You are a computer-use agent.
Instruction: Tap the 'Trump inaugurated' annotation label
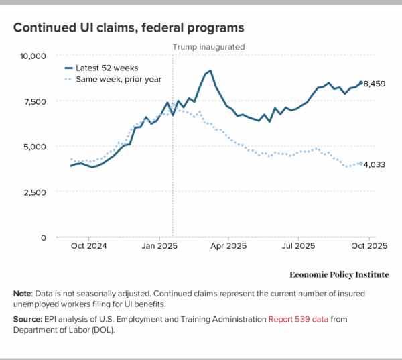[x=209, y=47]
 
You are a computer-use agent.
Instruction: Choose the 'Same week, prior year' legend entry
[x=113, y=80]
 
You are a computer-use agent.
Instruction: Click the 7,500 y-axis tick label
[x=33, y=101]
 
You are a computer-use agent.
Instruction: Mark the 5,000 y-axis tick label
[x=33, y=147]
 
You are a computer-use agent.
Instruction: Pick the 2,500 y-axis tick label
[x=33, y=192]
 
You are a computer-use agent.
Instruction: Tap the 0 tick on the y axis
[x=42, y=237]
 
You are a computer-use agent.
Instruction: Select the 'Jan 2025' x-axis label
[x=159, y=245]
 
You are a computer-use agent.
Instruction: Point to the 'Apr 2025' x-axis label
[x=228, y=245]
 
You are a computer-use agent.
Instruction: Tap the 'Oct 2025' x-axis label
[x=367, y=245]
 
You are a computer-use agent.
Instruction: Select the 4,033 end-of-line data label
[x=377, y=164]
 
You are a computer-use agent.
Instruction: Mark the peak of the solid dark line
[x=210, y=70]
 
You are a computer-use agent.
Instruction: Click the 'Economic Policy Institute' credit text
[x=339, y=275]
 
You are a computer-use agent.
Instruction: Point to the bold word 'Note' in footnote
[x=23, y=294]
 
